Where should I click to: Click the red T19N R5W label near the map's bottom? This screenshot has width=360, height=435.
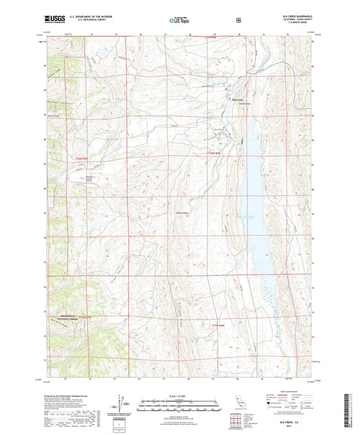point(215,325)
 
